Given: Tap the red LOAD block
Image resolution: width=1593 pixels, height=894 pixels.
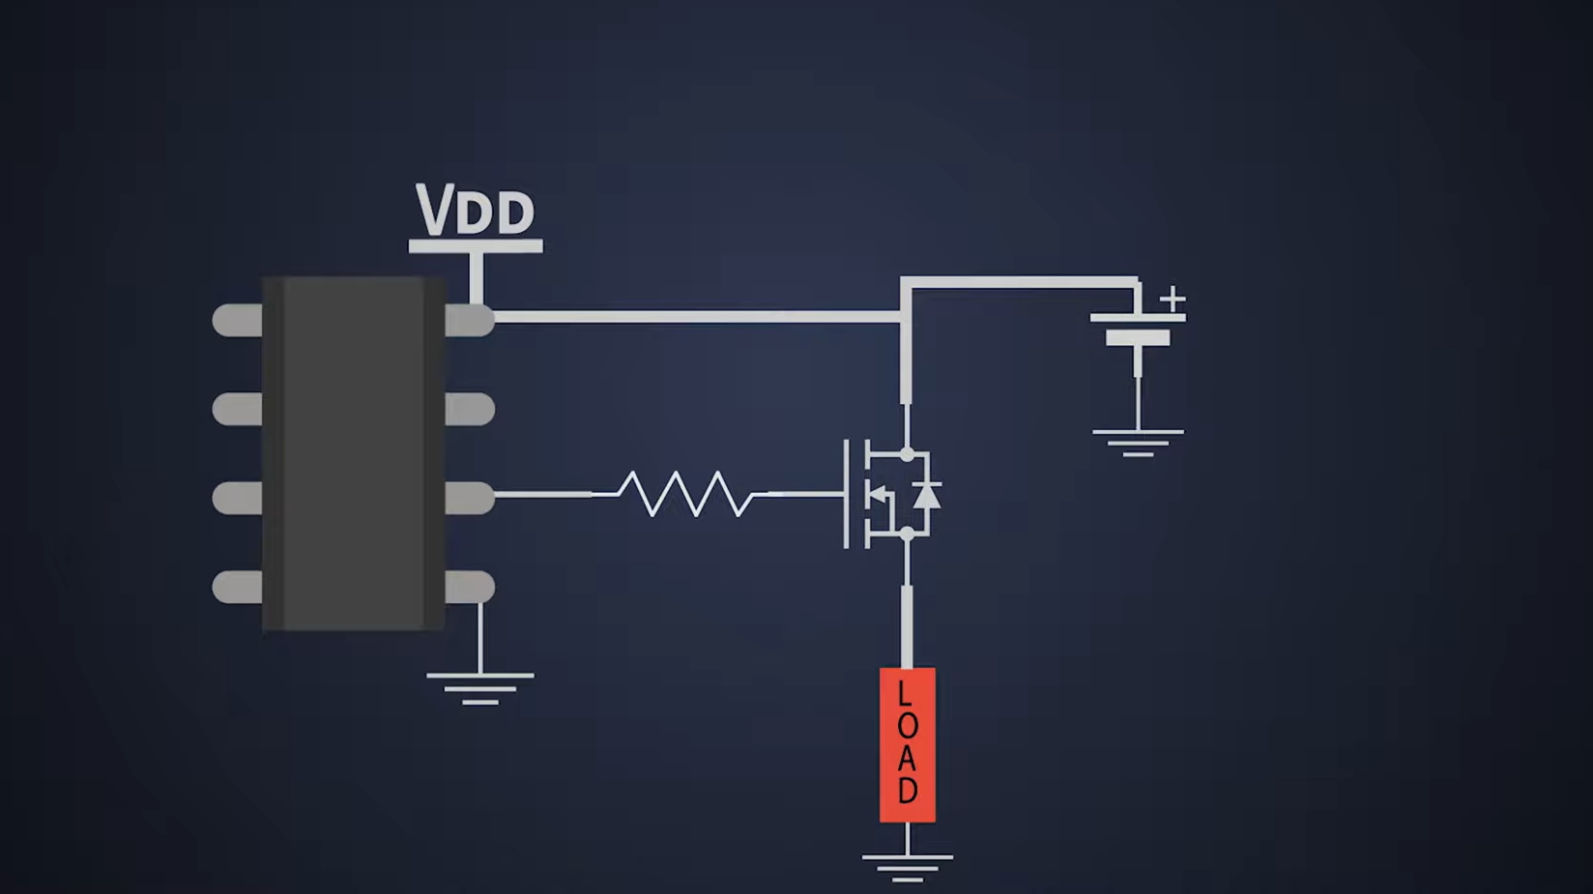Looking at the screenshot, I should tap(907, 745).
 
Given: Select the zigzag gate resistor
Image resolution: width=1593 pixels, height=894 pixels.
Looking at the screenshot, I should tap(684, 494).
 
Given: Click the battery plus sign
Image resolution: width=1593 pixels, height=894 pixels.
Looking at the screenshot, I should tap(1172, 298).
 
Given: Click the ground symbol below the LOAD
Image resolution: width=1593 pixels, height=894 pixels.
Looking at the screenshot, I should tap(907, 866).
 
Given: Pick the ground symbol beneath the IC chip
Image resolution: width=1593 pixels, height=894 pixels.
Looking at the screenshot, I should tap(480, 687).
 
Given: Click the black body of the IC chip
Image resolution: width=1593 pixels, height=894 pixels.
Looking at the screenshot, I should tap(353, 453).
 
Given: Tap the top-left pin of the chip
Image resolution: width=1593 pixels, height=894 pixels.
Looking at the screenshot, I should tap(238, 321).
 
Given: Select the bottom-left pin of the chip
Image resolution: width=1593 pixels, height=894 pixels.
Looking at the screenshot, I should tap(238, 586).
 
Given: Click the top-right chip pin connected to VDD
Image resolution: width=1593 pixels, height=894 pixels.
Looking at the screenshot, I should tap(470, 321).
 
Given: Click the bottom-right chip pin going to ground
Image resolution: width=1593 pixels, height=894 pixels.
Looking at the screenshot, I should tap(470, 586).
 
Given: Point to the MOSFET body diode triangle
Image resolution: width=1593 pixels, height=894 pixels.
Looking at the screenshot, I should tap(927, 495).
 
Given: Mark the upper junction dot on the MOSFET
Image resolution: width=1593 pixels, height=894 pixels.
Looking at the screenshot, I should tap(907, 455).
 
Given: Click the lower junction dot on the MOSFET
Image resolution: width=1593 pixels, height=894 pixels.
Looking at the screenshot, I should tap(907, 535).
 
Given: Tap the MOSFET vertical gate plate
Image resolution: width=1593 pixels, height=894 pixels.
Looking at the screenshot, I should tap(847, 494).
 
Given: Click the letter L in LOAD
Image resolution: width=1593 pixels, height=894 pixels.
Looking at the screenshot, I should tap(906, 693).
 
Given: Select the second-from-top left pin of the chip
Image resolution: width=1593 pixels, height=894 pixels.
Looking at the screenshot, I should tap(238, 409).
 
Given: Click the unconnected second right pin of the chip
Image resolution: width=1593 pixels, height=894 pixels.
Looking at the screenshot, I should tap(470, 409).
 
